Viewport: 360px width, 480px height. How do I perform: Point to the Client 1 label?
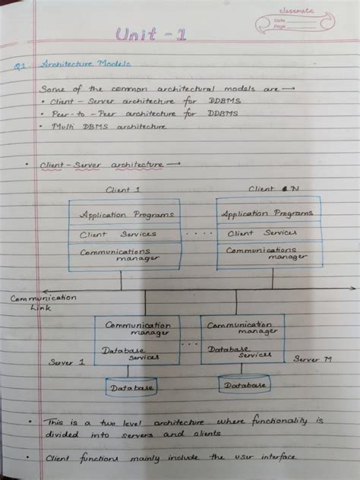(124, 189)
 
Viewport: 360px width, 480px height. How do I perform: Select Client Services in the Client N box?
(262, 233)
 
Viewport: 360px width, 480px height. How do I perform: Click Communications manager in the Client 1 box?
(120, 254)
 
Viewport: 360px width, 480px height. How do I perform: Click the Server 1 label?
(67, 363)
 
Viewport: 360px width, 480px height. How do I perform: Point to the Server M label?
(312, 358)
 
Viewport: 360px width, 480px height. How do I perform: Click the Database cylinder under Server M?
(245, 384)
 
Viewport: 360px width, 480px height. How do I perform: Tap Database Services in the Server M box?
(238, 352)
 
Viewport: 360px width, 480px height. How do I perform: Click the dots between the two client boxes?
(199, 233)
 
